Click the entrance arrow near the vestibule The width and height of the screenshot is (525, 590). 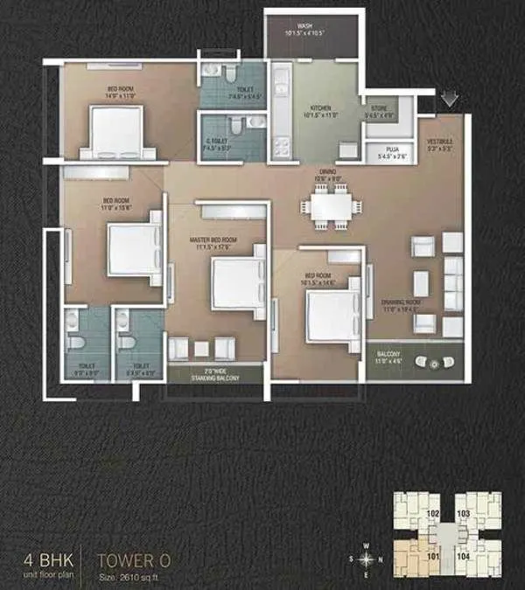click(x=448, y=100)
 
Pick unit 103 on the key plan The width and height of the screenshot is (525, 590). click(x=463, y=514)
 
